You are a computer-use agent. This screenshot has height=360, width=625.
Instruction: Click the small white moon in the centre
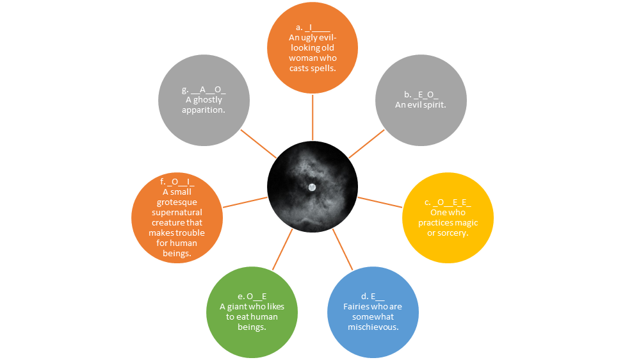(x=312, y=188)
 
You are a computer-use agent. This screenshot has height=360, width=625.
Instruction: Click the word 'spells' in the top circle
(x=325, y=68)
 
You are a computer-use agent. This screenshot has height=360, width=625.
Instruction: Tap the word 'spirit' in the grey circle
(x=435, y=105)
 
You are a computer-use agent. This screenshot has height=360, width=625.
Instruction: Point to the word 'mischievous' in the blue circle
(x=373, y=327)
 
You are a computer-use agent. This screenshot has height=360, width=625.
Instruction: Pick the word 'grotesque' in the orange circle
(x=177, y=202)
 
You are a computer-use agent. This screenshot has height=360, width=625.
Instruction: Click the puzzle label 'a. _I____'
(x=313, y=28)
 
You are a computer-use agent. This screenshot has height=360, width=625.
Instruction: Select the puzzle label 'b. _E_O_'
(x=421, y=95)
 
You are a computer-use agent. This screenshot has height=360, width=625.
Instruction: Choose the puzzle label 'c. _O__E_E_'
(x=448, y=202)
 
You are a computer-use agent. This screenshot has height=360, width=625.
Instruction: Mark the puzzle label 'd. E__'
(x=373, y=297)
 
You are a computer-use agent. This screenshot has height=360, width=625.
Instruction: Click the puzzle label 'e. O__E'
(x=252, y=297)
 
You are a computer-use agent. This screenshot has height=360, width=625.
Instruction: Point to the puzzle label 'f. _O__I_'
(x=177, y=182)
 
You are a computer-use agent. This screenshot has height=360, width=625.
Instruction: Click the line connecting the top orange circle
(x=312, y=117)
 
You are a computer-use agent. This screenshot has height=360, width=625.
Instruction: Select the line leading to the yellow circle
(x=380, y=202)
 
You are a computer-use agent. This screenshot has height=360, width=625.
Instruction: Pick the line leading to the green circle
(x=282, y=250)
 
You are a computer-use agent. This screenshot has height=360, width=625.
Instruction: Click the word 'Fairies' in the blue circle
(x=357, y=307)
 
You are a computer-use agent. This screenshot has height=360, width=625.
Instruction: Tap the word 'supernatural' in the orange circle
(x=177, y=213)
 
